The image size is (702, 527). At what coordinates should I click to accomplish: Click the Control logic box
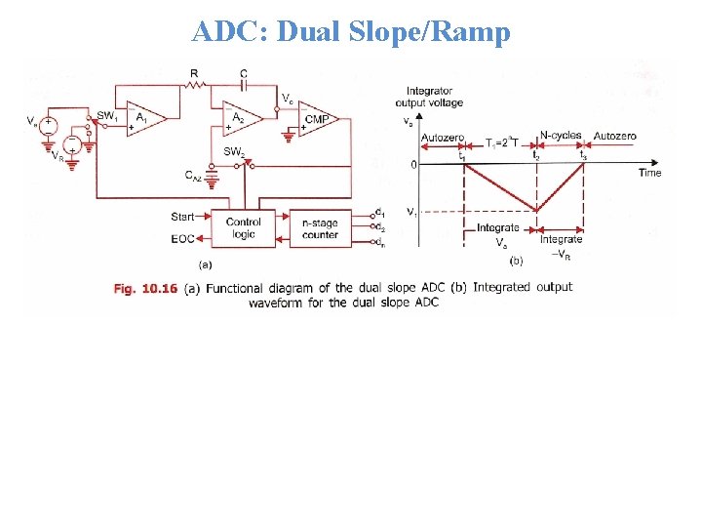[x=243, y=228]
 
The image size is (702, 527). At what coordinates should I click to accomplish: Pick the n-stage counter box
[x=320, y=228]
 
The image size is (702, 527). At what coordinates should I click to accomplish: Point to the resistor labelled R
[x=195, y=86]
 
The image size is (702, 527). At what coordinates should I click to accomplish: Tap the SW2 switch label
[x=234, y=151]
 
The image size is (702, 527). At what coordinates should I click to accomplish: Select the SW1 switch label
[x=107, y=116]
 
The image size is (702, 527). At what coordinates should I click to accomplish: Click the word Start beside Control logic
[x=182, y=216]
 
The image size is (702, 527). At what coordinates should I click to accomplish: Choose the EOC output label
[x=183, y=238]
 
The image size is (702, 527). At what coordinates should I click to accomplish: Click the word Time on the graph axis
[x=649, y=173]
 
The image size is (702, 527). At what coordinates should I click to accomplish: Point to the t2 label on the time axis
[x=535, y=154]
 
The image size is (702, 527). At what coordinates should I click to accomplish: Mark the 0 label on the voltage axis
[x=413, y=165]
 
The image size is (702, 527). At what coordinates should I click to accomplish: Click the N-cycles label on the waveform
[x=560, y=136]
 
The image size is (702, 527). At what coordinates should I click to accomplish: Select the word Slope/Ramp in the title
[x=442, y=32]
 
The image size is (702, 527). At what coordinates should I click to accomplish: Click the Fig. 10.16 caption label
[x=144, y=287]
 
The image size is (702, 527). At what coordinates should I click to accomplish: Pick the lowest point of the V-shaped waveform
[x=535, y=210]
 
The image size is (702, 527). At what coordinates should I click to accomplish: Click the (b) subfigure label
[x=517, y=261]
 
